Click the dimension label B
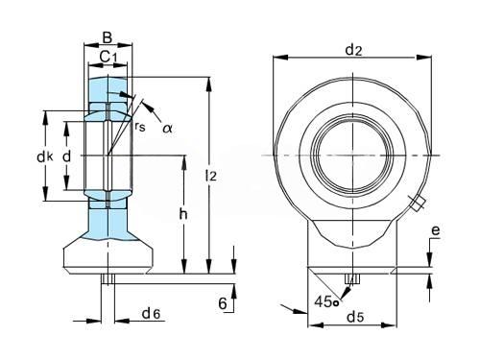coord(108,37)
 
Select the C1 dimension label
coord(108,57)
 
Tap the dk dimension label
coord(45,156)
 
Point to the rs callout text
coord(140,127)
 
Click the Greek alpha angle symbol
coord(167,129)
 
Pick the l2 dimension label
coord(211,176)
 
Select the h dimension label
coord(183,214)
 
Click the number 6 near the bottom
coord(223,303)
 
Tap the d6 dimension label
coord(151,314)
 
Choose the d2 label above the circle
coord(353,50)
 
